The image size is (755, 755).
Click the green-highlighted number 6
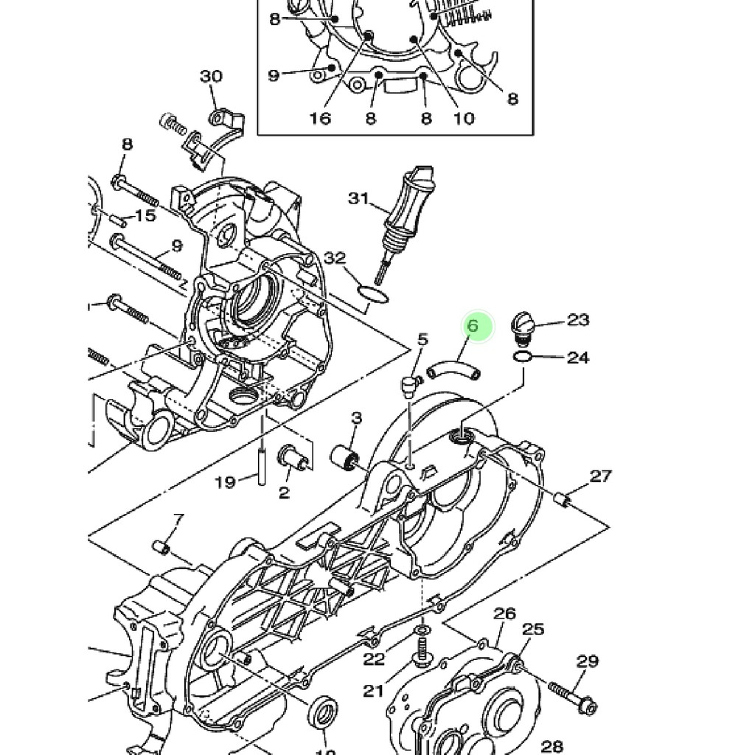point(473,326)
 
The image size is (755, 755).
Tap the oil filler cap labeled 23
point(522,328)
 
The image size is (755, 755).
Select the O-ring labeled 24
point(523,358)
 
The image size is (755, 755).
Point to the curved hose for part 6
point(454,369)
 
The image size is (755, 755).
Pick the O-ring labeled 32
point(372,295)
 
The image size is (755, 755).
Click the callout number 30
point(211,76)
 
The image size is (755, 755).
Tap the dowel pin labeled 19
point(262,466)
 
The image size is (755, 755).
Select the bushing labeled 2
point(292,458)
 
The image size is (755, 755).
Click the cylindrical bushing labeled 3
point(345,456)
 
